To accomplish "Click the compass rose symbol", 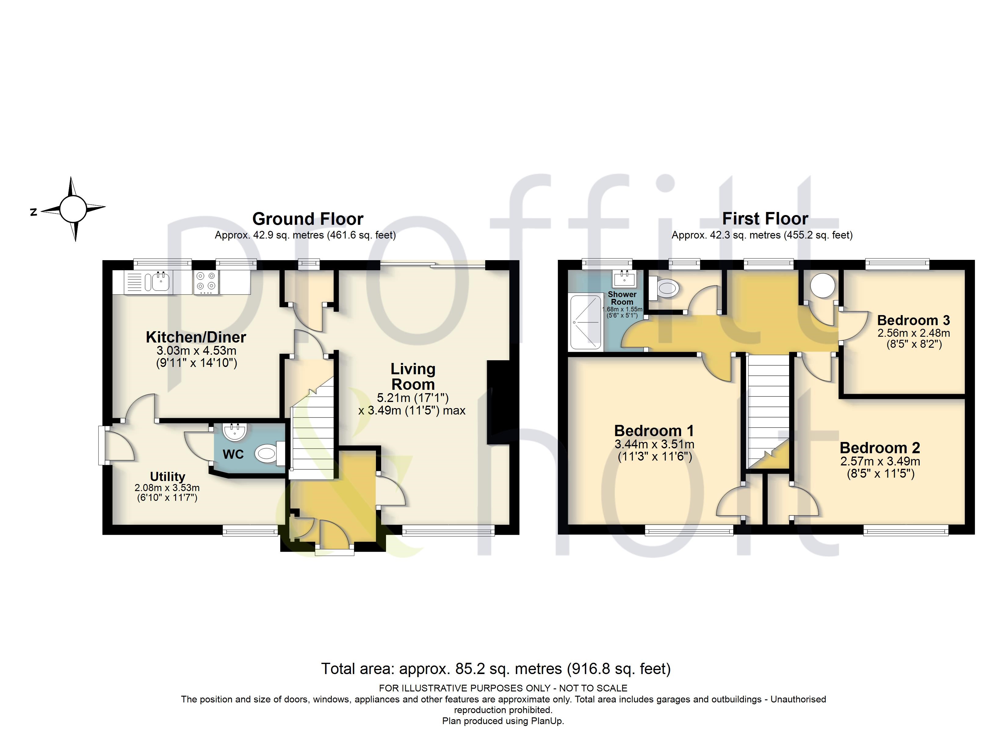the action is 73,209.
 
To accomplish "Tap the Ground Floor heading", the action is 308,219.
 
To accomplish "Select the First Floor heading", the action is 765,218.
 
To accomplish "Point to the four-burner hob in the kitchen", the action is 206,282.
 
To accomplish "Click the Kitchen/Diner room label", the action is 196,337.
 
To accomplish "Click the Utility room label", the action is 168,476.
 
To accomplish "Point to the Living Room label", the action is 413,376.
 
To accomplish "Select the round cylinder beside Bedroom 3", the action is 823,285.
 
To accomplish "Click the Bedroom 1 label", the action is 654,431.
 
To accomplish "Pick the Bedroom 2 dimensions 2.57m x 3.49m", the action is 880,461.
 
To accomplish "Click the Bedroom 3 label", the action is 913,320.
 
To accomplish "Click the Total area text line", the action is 496,669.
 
